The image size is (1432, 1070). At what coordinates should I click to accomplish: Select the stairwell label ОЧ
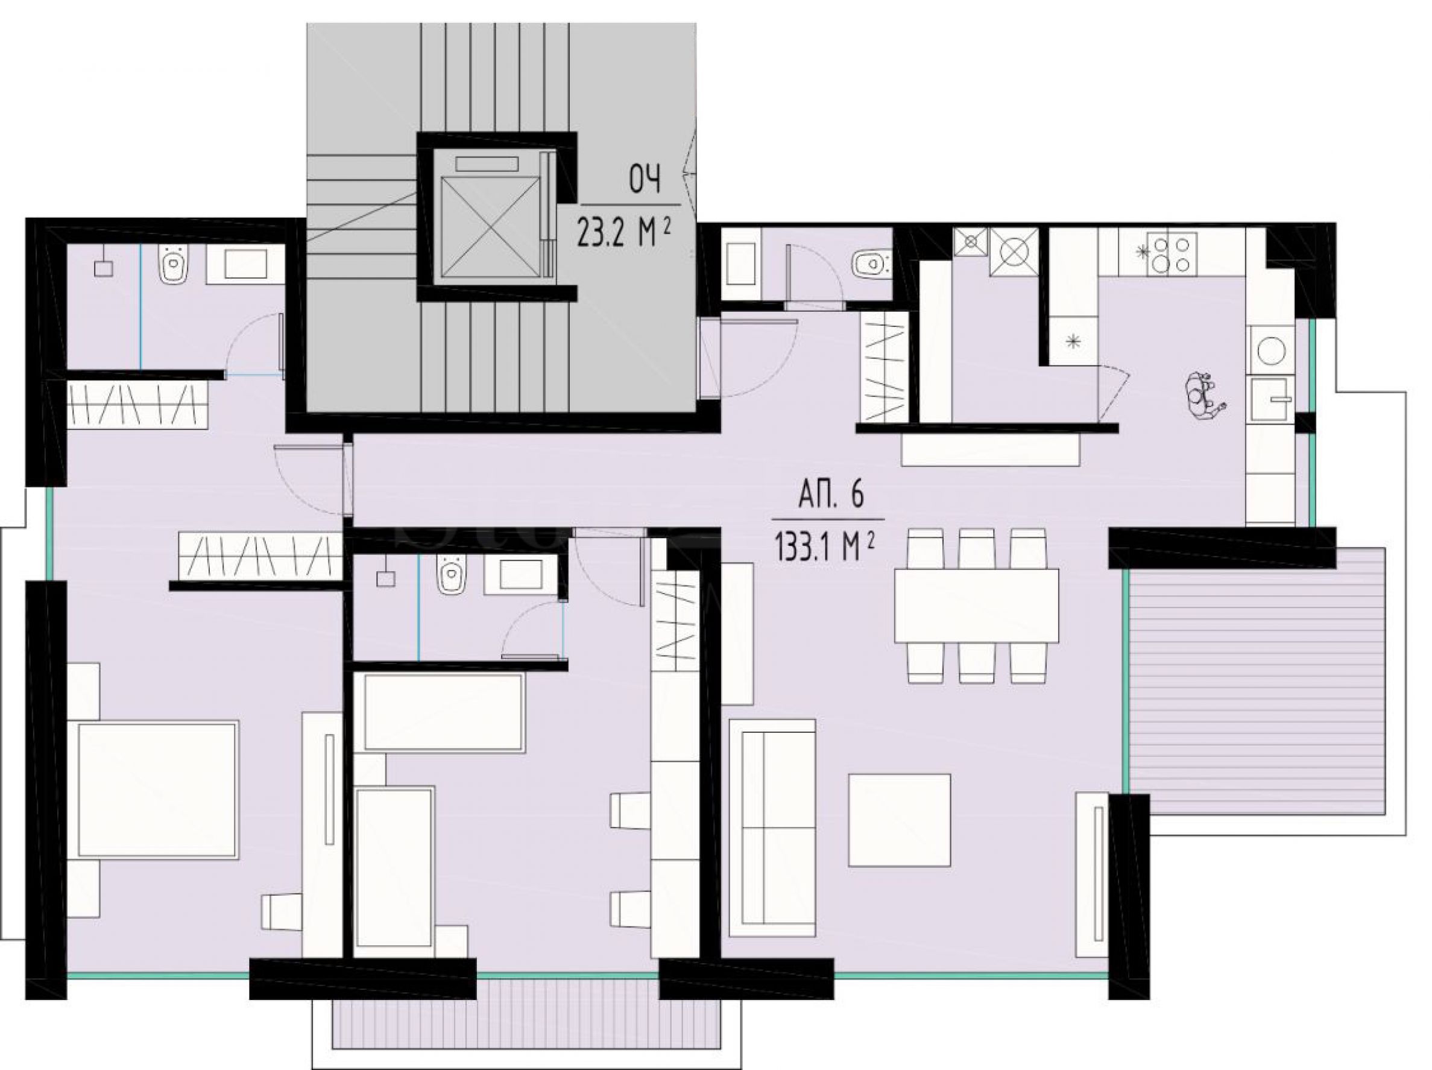click(x=645, y=180)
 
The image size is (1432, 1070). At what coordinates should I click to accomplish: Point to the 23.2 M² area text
click(x=621, y=233)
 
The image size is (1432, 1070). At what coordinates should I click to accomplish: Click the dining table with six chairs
click(x=976, y=605)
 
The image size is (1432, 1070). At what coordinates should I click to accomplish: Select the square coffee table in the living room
click(x=900, y=820)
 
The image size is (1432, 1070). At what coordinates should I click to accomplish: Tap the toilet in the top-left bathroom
click(x=173, y=265)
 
